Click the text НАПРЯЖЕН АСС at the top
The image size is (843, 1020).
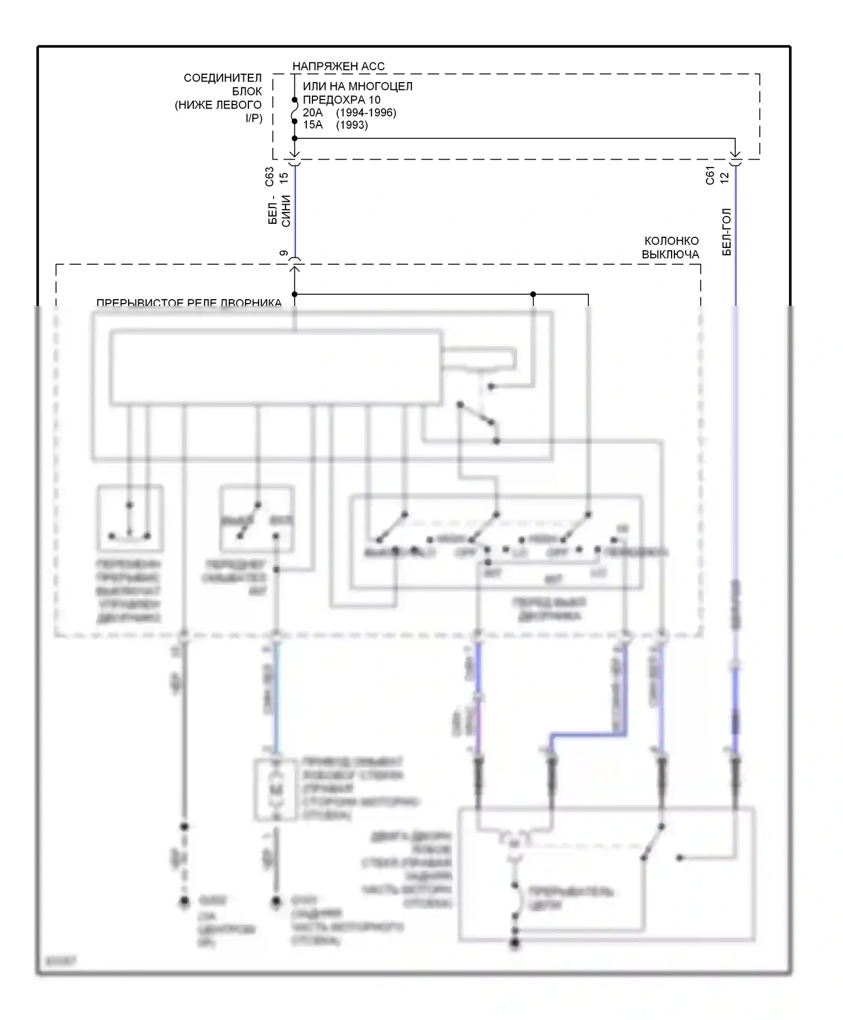(338, 66)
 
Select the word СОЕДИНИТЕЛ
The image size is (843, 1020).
(223, 78)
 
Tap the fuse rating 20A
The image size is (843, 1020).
(312, 112)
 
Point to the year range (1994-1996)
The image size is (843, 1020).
(366, 112)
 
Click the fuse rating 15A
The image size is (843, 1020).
(312, 125)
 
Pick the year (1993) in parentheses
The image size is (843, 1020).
(352, 125)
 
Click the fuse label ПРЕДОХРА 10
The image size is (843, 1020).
(341, 100)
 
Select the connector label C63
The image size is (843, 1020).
(270, 177)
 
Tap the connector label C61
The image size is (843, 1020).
(710, 175)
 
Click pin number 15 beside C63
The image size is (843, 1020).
(284, 177)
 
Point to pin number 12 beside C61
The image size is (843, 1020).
(724, 177)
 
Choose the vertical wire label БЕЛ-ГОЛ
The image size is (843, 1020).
(727, 232)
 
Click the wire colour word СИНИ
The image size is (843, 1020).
(286, 211)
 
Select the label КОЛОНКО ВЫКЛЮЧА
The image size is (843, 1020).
(670, 247)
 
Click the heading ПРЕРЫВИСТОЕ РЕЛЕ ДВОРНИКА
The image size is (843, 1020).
(189, 303)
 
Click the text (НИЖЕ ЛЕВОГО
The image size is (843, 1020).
(218, 105)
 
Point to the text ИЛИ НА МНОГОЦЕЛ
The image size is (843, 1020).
(357, 87)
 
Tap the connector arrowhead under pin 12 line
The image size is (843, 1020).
(735, 156)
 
